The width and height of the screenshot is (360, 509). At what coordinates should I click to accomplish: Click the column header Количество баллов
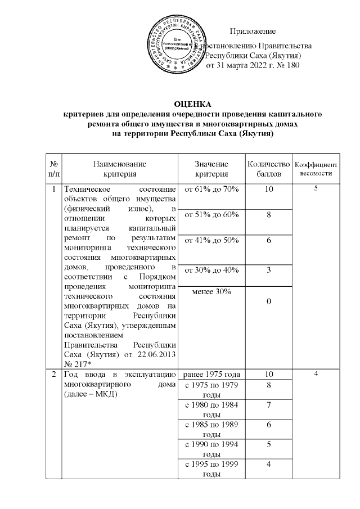pyautogui.click(x=268, y=169)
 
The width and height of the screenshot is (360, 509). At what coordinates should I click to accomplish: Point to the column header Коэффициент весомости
pyautogui.click(x=316, y=169)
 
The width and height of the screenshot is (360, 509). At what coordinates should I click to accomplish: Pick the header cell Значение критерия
pyautogui.click(x=211, y=169)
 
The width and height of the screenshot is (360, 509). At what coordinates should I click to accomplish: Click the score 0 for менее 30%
pyautogui.click(x=268, y=302)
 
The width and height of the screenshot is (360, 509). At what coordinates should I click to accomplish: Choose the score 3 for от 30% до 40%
pyautogui.click(x=268, y=271)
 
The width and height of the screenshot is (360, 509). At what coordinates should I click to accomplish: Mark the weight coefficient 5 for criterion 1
pyautogui.click(x=316, y=189)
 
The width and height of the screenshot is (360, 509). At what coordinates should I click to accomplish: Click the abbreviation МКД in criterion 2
pyautogui.click(x=100, y=395)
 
